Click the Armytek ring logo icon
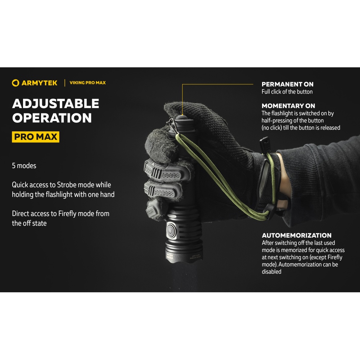(15, 83)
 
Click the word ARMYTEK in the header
(40, 83)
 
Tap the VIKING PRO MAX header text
(88, 83)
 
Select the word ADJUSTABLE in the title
(55, 104)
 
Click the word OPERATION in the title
(52, 118)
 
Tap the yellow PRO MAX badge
(36, 137)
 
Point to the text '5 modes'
(24, 166)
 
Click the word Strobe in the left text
(67, 185)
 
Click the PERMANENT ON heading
(287, 84)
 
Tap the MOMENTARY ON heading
(288, 106)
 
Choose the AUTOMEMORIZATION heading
(297, 235)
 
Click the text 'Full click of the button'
(287, 91)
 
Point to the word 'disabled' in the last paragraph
(271, 271)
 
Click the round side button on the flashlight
(171, 230)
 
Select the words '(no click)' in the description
(271, 128)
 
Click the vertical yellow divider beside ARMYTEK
(65, 83)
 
